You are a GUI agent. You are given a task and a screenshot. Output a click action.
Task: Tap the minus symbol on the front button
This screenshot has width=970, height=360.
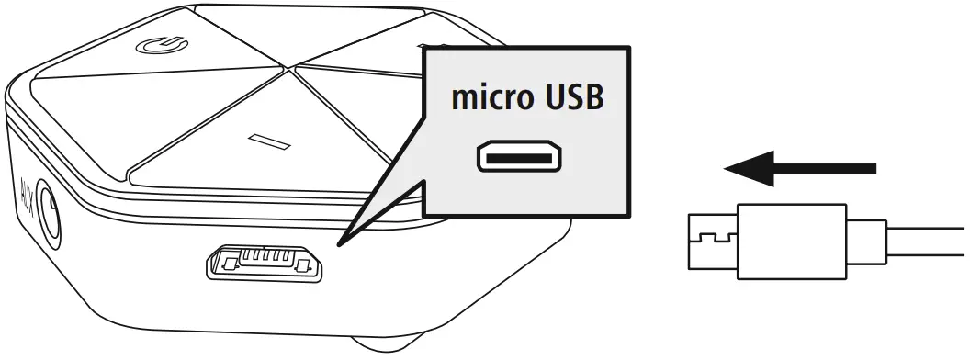(269, 140)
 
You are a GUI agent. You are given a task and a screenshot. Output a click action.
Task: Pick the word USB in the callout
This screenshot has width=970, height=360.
(571, 98)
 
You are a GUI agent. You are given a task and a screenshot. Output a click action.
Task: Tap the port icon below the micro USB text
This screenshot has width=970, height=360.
(518, 158)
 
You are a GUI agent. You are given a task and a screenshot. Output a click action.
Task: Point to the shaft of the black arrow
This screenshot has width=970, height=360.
(827, 169)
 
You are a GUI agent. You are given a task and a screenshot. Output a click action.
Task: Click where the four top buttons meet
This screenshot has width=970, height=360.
(291, 64)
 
